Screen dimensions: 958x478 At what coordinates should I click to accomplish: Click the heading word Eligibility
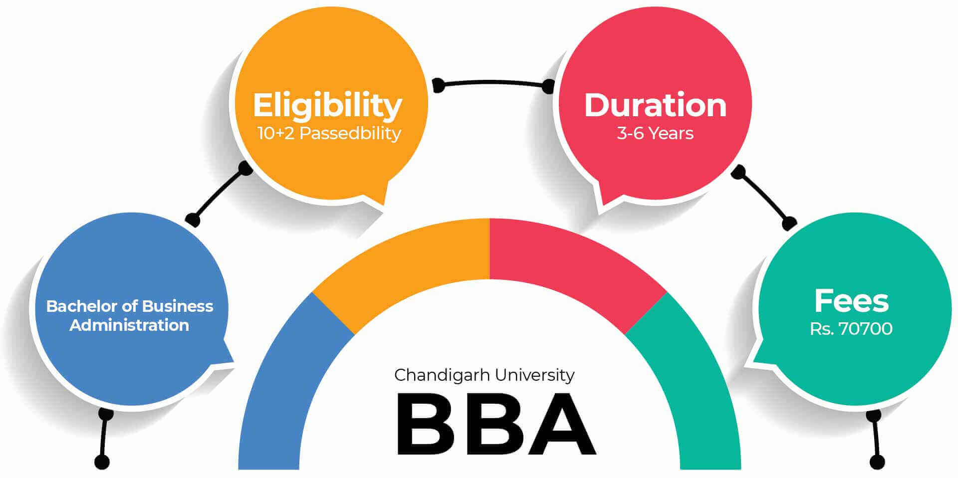327,106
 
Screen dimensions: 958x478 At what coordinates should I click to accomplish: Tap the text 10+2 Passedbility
329,133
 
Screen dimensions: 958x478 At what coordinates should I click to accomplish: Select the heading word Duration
655,105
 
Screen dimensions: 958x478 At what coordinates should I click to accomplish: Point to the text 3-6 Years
655,133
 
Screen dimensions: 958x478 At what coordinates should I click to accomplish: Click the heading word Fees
851,301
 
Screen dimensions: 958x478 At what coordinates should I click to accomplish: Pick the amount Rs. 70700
851,329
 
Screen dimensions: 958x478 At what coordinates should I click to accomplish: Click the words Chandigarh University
484,375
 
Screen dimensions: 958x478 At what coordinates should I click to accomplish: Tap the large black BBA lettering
496,424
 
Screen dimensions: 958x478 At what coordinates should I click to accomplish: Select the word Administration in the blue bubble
129,325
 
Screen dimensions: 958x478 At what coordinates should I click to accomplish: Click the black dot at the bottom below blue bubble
102,462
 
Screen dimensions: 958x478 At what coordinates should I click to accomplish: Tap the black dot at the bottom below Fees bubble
877,462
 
